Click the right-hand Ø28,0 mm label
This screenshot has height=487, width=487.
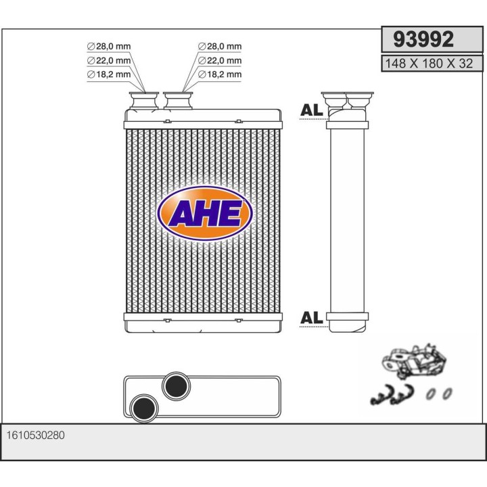pos(219,46)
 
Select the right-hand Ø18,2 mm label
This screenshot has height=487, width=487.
pos(219,74)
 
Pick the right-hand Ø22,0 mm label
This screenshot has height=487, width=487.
pos(219,60)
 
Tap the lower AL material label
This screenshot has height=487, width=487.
pos(310,317)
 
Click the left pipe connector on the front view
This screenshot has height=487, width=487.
pos(145,101)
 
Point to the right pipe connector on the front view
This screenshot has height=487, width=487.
pos(179,101)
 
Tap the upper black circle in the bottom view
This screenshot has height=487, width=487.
pos(177,386)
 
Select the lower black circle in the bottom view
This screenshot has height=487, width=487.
pos(144,407)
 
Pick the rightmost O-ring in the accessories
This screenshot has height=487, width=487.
pos(447,393)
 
